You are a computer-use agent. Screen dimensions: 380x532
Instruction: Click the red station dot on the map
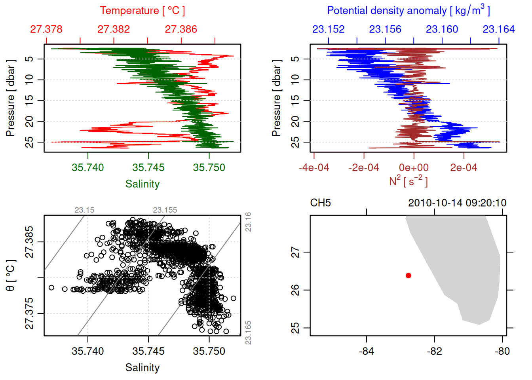click(408, 275)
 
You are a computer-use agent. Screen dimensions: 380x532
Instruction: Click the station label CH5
click(320, 203)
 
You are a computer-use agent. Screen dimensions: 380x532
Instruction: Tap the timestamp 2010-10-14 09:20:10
click(457, 203)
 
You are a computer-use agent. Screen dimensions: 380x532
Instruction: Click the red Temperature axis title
click(142, 11)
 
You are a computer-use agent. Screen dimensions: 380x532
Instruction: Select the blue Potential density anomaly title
click(408, 11)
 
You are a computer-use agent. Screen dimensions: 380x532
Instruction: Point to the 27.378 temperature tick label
click(46, 29)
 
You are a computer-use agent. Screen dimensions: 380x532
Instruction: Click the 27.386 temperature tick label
click(181, 29)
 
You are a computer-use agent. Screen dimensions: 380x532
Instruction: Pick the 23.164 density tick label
click(499, 29)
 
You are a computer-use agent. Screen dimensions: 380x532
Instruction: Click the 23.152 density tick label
click(329, 29)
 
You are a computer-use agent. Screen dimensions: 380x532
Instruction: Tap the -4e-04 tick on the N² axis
click(314, 168)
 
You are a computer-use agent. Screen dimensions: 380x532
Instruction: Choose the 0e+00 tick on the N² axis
click(414, 168)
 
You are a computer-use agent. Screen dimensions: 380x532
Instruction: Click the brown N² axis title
click(408, 181)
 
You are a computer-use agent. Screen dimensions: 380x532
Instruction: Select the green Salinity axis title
click(142, 184)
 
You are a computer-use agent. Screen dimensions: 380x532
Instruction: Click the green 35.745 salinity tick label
click(148, 168)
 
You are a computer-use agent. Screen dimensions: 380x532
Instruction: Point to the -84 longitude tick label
click(367, 351)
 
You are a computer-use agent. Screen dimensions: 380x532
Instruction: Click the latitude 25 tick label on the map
click(295, 328)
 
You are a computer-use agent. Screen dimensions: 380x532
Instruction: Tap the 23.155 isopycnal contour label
click(165, 210)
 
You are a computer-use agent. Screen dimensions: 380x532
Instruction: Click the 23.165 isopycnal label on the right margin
click(248, 332)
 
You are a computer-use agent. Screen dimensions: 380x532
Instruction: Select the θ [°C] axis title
click(11, 275)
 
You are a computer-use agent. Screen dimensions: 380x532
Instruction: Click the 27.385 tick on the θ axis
click(30, 242)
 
